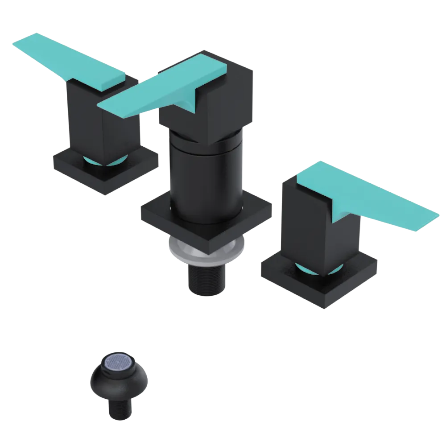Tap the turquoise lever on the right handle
click(x=370, y=196)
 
